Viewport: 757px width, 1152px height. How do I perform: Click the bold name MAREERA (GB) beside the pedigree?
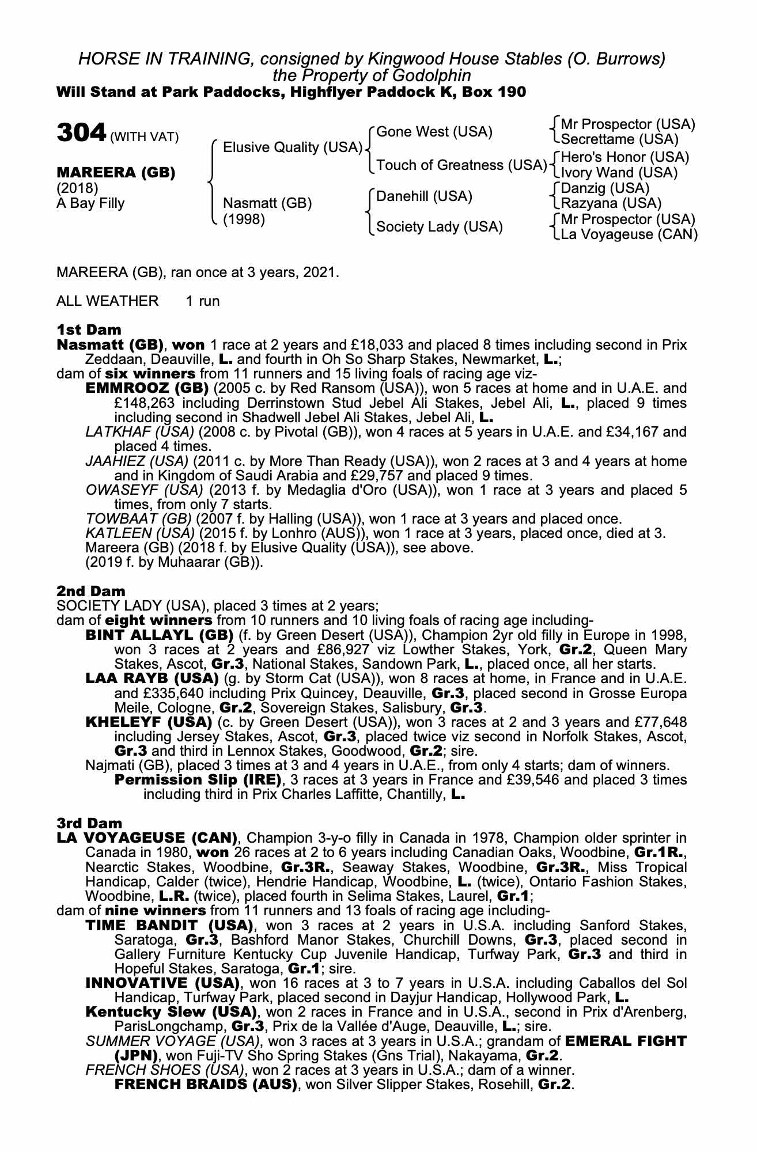115,173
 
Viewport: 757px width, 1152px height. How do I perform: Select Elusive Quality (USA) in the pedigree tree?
292,148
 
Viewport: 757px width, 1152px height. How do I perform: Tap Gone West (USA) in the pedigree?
434,132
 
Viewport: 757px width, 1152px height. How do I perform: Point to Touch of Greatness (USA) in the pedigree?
461,165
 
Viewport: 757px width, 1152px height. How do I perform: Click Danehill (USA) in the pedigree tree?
424,196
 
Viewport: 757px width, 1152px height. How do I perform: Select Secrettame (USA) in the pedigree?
619,139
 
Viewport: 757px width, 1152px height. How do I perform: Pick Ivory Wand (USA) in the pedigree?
619,173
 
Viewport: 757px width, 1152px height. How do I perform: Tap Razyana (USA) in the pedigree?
611,203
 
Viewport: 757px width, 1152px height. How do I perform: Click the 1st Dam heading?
89,330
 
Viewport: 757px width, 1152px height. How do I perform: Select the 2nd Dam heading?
90,591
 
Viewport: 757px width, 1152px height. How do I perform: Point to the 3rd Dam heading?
90,823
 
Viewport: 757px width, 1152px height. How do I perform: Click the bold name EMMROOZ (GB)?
146,389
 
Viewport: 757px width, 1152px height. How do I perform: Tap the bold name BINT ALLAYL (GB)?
158,635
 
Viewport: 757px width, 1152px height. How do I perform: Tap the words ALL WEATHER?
107,301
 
